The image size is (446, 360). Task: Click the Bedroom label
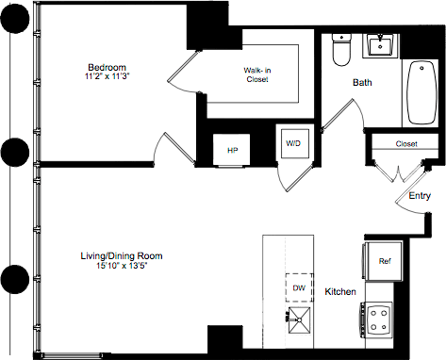click(107, 67)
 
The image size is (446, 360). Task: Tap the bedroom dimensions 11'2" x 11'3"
click(107, 78)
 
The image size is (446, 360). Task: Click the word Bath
click(362, 83)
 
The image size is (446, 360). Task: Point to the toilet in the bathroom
click(341, 50)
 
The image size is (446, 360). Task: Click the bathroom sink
click(384, 44)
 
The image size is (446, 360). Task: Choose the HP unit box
click(232, 148)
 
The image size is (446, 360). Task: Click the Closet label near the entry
click(406, 144)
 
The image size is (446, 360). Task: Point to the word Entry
click(421, 196)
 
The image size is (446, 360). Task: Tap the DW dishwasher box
click(298, 287)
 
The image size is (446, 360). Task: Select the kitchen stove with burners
click(380, 318)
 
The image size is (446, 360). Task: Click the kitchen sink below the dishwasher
click(297, 319)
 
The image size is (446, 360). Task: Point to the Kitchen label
click(340, 292)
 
